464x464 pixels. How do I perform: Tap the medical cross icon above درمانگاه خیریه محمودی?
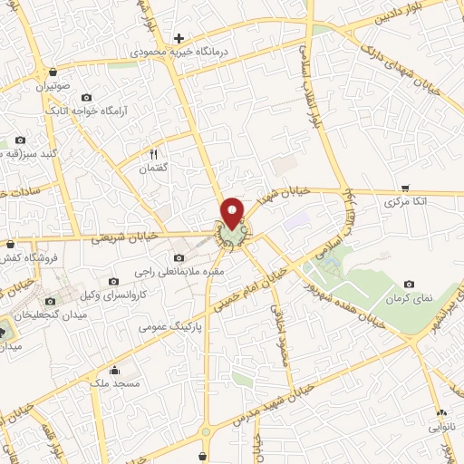[x=179, y=38]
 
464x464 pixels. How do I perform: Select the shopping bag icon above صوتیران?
[x=53, y=72]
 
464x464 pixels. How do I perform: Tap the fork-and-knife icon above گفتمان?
[x=153, y=154]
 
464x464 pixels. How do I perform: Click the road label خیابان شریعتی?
[x=125, y=237]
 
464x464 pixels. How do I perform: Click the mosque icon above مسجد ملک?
[x=114, y=370]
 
